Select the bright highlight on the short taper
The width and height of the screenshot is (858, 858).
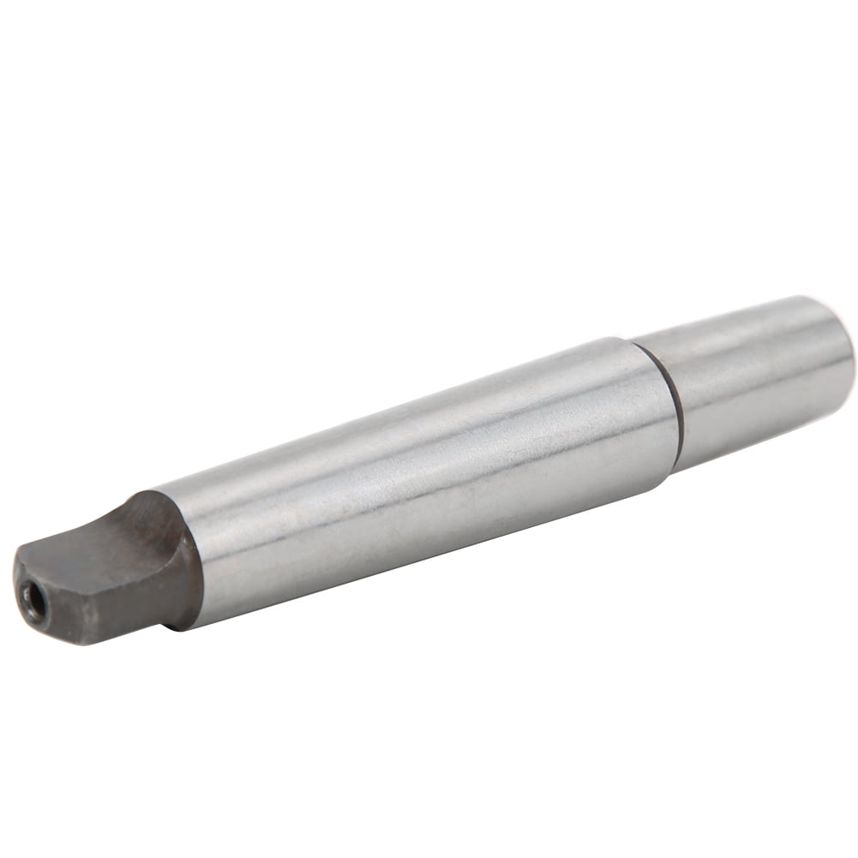coord(754,356)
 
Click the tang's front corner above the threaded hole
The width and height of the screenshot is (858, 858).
coord(26,561)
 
